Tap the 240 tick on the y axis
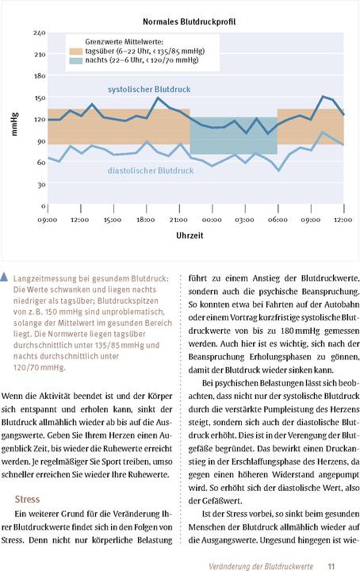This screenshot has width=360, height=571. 39,33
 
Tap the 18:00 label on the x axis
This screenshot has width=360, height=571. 145,219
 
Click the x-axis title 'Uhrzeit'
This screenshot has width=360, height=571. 194,236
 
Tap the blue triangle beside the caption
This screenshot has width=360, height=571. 6,277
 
